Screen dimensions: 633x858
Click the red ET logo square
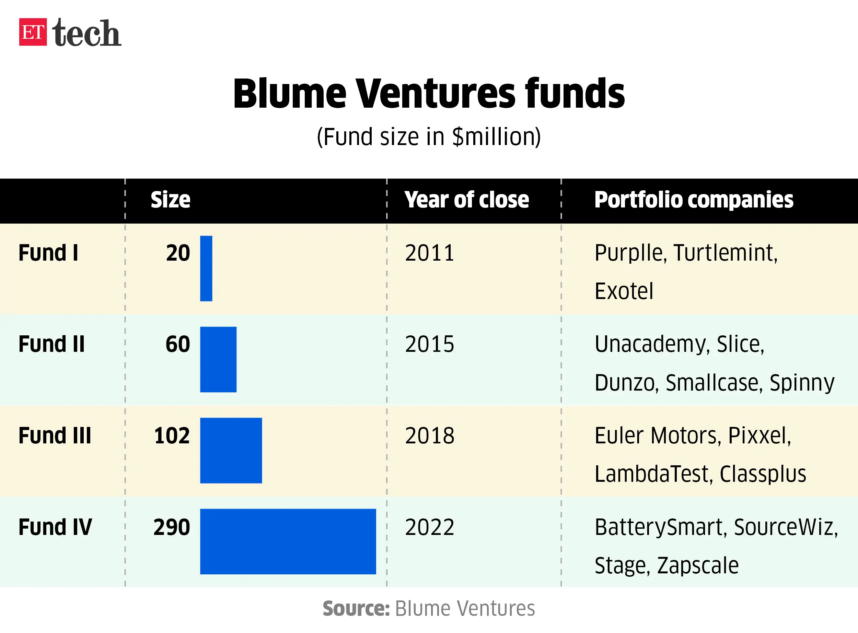pos(33,32)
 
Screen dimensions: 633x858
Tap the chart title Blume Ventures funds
pos(429,94)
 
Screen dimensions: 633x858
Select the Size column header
pos(170,200)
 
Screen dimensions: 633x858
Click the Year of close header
pos(466,200)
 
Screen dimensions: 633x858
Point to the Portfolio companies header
pos(694,200)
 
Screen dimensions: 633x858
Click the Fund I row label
pos(48,253)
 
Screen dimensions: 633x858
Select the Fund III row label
pos(55,436)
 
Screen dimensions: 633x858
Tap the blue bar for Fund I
pos(206,268)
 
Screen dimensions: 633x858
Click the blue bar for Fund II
pos(218,359)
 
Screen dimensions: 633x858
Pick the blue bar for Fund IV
pos(288,541)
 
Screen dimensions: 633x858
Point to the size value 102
pos(172,436)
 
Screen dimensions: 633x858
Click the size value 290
pos(172,527)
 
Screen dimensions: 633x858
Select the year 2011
pos(430,253)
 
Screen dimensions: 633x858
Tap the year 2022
pos(430,527)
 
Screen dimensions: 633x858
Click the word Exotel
pos(624,291)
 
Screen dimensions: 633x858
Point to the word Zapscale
pos(698,565)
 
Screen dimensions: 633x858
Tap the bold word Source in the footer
pos(356,608)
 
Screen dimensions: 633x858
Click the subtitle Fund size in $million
pos(429,137)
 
